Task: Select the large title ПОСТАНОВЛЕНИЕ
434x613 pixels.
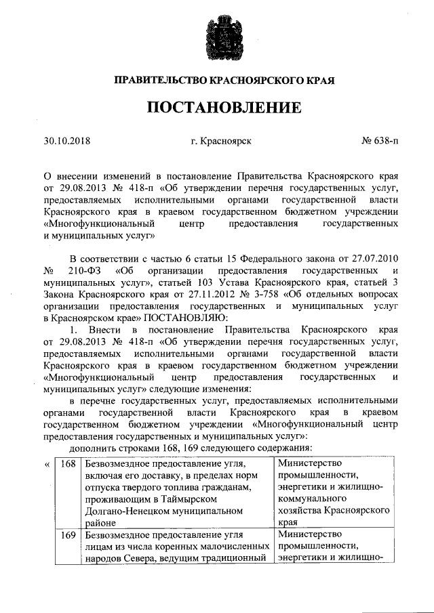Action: pos(217,108)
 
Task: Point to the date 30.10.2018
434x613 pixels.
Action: pos(67,142)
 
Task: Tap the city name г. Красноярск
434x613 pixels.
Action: pos(221,142)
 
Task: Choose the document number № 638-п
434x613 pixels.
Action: pos(380,142)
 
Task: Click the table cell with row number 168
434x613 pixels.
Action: pos(67,464)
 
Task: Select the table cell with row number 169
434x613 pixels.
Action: pos(67,535)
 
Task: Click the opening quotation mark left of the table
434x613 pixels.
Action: pos(47,465)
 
